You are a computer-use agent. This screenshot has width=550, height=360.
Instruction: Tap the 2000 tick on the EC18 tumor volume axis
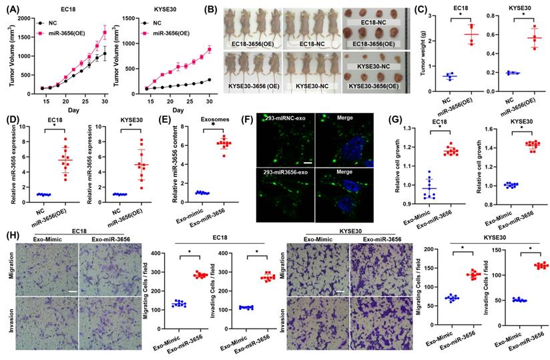click(25, 18)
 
